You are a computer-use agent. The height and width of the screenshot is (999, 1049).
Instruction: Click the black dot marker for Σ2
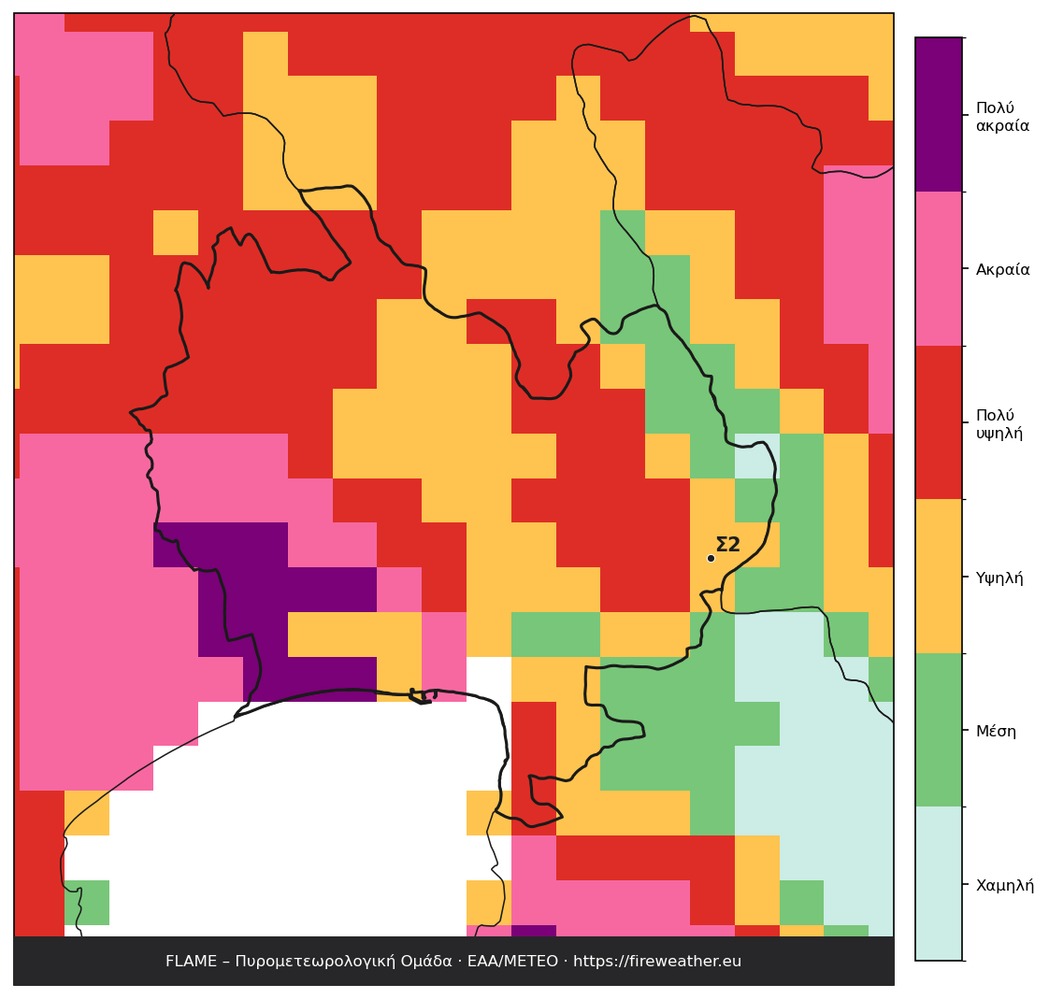click(711, 558)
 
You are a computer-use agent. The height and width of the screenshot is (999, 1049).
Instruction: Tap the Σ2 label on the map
click(728, 544)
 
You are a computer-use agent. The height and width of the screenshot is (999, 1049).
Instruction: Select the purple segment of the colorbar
click(939, 115)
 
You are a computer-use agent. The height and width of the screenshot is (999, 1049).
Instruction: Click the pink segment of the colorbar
click(939, 269)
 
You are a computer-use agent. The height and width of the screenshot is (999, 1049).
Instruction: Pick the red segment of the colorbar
click(939, 422)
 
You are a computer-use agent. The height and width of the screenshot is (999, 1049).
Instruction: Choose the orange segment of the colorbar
click(939, 577)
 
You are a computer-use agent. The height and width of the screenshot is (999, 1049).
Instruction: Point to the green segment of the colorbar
click(939, 730)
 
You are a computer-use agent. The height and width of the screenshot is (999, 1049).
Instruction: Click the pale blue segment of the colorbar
click(939, 883)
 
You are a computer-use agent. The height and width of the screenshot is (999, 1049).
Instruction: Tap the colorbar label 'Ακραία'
click(1002, 269)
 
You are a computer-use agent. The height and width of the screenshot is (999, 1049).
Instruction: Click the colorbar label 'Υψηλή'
click(999, 578)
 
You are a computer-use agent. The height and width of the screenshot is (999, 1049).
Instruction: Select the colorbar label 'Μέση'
click(996, 732)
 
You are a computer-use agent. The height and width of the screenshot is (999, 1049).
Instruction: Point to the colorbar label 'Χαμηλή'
click(1005, 885)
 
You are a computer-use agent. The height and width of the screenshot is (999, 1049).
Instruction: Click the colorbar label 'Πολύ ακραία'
click(1002, 117)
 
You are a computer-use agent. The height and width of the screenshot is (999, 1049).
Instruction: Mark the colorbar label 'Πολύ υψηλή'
click(999, 424)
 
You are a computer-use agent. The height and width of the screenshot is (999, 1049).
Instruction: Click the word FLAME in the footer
click(192, 961)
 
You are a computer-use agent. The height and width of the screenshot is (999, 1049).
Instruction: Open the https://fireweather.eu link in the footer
click(657, 962)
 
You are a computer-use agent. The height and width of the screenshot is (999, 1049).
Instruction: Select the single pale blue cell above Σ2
click(757, 456)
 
